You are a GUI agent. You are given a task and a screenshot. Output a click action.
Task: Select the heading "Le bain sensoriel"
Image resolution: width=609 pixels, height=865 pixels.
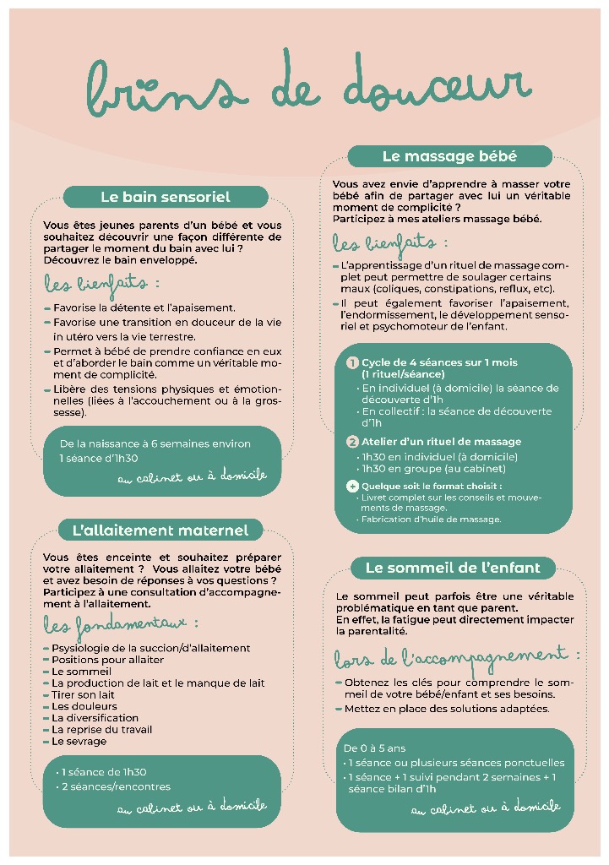165,197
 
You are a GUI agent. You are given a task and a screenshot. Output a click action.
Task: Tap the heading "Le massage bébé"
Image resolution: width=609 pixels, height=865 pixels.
449,156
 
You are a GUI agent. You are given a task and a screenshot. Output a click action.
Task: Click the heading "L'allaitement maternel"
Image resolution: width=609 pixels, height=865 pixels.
160,530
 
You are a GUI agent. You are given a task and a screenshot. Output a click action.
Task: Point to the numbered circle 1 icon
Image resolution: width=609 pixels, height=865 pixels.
353,362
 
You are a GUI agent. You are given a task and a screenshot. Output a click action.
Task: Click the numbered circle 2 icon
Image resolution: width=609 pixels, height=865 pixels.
353,442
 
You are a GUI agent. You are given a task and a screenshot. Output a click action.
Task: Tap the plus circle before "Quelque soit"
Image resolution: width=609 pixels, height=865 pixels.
353,486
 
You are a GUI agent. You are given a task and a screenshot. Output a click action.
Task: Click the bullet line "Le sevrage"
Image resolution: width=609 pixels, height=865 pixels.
79,741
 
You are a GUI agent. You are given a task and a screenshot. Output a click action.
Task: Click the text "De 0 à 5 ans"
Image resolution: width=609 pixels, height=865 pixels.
374,748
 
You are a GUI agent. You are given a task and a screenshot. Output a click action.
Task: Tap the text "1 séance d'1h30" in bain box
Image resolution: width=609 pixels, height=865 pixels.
99,458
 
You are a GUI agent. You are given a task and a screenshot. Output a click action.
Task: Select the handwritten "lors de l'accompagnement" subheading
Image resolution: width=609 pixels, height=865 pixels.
456,656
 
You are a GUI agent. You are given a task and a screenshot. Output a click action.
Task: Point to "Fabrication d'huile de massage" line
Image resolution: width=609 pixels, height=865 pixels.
431,520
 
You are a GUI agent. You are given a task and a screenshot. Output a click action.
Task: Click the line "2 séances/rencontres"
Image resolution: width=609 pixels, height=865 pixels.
116,786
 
